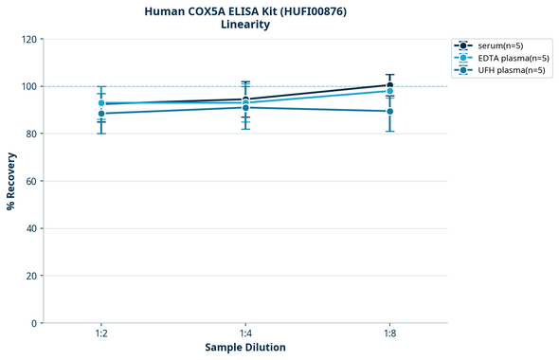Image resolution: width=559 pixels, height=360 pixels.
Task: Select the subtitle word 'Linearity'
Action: (x=244, y=25)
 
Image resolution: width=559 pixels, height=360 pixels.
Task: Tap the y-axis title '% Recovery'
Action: (x=11, y=180)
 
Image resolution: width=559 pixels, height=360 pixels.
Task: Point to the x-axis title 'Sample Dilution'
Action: (x=245, y=348)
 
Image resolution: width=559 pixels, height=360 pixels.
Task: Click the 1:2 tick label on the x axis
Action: (x=101, y=333)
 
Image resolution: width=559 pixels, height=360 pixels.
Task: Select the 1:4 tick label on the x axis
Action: (x=245, y=333)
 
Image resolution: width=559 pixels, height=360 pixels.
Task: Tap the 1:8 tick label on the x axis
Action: (x=389, y=333)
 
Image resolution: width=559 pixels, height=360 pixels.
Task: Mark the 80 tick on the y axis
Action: (x=30, y=134)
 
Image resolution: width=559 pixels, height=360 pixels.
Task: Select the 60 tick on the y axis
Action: (x=30, y=181)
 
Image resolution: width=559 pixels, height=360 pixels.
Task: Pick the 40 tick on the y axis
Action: (x=30, y=228)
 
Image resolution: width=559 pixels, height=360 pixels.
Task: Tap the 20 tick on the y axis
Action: (x=30, y=276)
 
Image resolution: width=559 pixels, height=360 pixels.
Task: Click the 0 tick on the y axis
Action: (x=33, y=323)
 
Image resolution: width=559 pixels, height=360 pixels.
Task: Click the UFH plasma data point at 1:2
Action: (x=101, y=114)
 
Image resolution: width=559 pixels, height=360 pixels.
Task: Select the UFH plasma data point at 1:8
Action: (x=389, y=111)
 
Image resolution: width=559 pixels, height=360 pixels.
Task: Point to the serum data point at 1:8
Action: (x=389, y=85)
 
